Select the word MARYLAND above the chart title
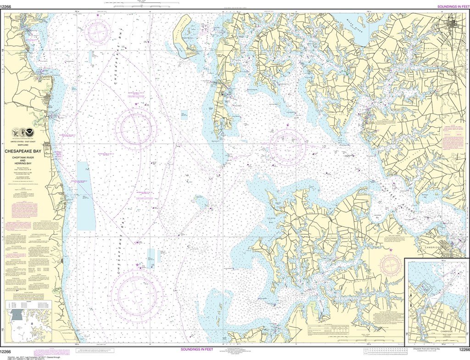(25, 145)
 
